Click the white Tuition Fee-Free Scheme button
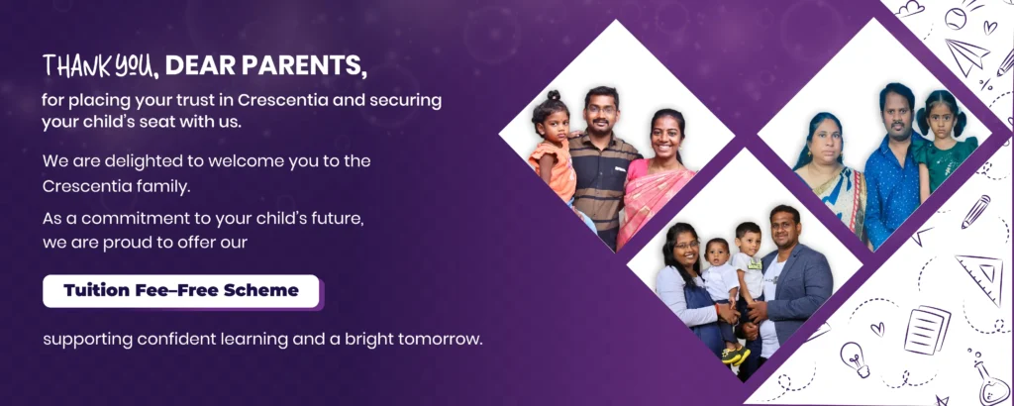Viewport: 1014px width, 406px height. [x=181, y=291]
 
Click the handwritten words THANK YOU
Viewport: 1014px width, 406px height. [x=100, y=65]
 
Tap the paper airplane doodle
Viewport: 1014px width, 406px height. [x=966, y=54]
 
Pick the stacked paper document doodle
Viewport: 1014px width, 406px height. [x=927, y=330]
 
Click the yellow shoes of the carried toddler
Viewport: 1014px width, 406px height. [x=737, y=355]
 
